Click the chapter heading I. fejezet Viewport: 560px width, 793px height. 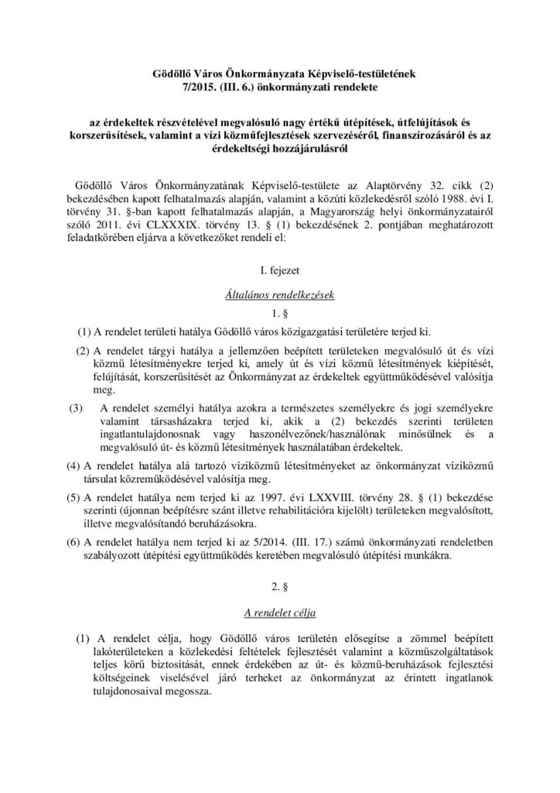(x=280, y=270)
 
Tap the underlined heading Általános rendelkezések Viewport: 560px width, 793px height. (x=280, y=295)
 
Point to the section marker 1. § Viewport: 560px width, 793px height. (x=280, y=314)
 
